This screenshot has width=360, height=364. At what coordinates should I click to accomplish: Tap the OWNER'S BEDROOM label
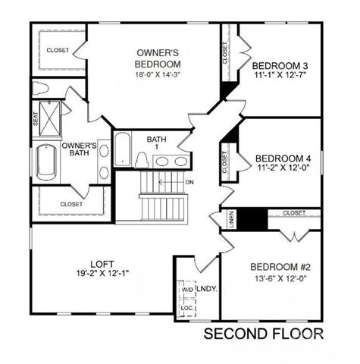click(158, 58)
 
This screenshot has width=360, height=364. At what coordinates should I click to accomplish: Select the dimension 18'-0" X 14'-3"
click(158, 74)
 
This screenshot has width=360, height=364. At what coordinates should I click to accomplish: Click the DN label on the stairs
click(189, 182)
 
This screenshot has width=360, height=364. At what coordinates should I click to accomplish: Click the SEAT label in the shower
click(36, 119)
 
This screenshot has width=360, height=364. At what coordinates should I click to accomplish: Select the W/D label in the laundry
click(186, 290)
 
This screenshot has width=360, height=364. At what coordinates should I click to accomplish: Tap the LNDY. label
click(206, 289)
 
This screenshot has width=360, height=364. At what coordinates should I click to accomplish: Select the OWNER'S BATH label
click(79, 149)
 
